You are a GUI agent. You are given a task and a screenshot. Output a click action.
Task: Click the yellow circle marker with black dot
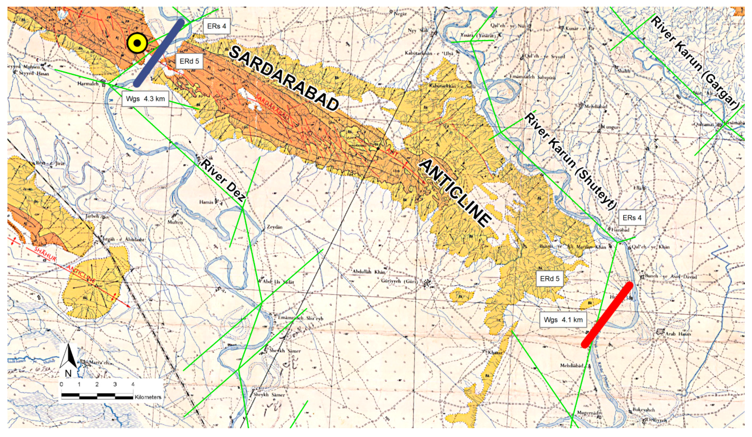(137, 43)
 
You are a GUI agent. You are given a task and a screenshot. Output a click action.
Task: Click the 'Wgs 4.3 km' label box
(145, 99)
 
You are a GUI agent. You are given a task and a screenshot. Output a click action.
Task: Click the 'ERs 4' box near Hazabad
(632, 218)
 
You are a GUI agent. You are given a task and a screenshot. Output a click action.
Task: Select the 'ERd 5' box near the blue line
(189, 61)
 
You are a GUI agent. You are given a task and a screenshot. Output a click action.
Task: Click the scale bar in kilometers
(97, 396)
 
